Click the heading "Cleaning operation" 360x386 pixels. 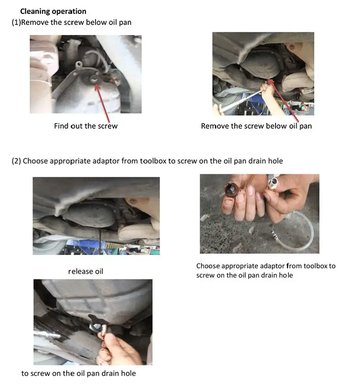click(x=53, y=12)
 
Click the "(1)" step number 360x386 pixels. click(x=16, y=23)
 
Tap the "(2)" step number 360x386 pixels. click(x=16, y=161)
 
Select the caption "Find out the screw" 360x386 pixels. click(x=86, y=126)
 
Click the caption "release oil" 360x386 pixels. click(x=85, y=271)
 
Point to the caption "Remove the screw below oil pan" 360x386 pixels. click(x=256, y=126)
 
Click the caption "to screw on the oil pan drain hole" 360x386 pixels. click(x=79, y=374)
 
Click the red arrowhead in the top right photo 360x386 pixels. click(x=271, y=82)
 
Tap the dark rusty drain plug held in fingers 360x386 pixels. click(x=231, y=189)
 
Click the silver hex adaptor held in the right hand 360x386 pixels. click(x=273, y=182)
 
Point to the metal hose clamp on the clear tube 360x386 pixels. click(x=275, y=234)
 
